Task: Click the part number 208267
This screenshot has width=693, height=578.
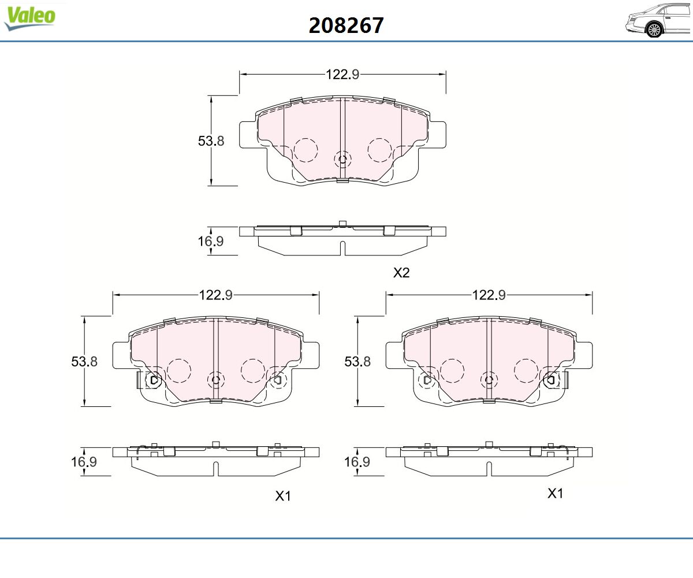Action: pyautogui.click(x=346, y=25)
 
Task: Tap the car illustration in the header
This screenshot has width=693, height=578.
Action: pyautogui.click(x=658, y=21)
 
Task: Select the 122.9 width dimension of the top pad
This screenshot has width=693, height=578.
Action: pyautogui.click(x=342, y=75)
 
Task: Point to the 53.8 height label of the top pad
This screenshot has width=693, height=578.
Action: pyautogui.click(x=211, y=141)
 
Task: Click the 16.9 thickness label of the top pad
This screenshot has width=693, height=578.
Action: pyautogui.click(x=211, y=241)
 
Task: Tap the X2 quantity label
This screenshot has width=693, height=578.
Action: pyautogui.click(x=401, y=273)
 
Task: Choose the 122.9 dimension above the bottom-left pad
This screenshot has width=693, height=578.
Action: pyautogui.click(x=216, y=295)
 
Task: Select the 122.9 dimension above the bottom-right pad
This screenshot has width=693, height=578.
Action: pyautogui.click(x=489, y=295)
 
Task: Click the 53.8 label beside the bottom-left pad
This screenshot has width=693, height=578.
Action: pyautogui.click(x=84, y=361)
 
